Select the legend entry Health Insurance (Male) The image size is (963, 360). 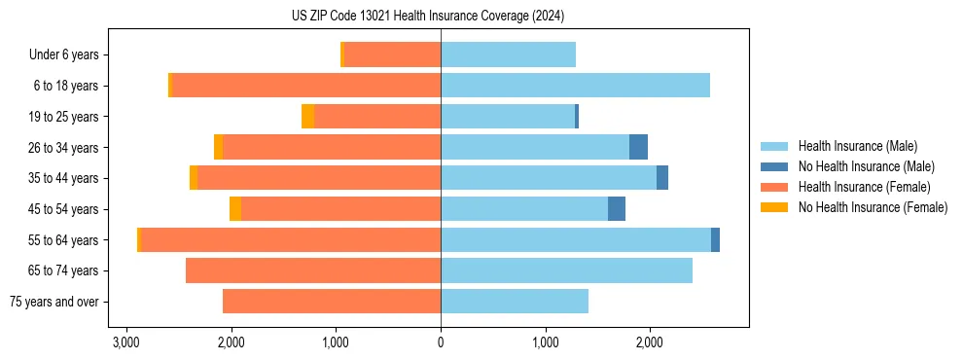click(857, 146)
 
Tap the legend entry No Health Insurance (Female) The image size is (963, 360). click(872, 207)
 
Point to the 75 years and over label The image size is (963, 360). click(54, 302)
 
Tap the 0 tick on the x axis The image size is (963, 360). click(441, 342)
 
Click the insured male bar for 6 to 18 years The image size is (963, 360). click(575, 86)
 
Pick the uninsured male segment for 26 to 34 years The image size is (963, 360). click(638, 147)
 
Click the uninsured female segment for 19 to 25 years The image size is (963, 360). click(308, 117)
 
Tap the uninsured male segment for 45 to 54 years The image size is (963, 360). click(617, 209)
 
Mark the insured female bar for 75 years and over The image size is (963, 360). click(332, 302)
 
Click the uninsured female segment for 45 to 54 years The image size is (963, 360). click(235, 209)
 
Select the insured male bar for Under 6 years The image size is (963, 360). click(508, 55)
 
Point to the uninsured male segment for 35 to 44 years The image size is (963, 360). click(662, 178)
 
